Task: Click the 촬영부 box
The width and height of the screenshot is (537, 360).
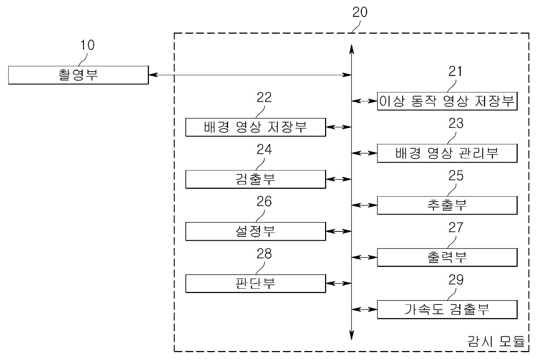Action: click(x=78, y=75)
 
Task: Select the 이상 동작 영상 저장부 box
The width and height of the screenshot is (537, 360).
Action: click(x=447, y=101)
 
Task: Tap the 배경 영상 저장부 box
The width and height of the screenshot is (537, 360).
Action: click(x=255, y=127)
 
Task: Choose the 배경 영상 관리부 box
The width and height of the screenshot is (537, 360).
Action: click(x=447, y=153)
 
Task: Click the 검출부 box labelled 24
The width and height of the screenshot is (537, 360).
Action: click(x=255, y=179)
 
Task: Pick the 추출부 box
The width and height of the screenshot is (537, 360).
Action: click(x=447, y=205)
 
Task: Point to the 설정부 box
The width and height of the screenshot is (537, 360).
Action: click(x=255, y=231)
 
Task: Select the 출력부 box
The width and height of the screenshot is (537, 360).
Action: click(x=447, y=257)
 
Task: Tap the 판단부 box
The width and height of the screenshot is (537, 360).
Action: click(x=255, y=283)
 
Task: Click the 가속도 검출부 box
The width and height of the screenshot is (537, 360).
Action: click(x=447, y=309)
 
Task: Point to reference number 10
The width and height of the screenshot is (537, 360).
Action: click(x=87, y=45)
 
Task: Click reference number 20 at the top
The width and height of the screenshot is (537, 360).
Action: click(x=360, y=12)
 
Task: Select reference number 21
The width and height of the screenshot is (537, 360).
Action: click(x=455, y=72)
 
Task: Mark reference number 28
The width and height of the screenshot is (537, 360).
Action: click(x=264, y=254)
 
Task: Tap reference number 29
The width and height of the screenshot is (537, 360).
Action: click(x=455, y=280)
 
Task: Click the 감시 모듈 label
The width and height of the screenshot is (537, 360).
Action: click(x=496, y=341)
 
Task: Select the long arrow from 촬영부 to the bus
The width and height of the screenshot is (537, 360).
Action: click(x=250, y=75)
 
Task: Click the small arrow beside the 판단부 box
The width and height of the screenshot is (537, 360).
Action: click(x=339, y=283)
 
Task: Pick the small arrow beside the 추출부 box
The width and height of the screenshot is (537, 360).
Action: click(x=364, y=205)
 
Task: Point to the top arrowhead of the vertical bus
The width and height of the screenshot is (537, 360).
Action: click(x=352, y=48)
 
